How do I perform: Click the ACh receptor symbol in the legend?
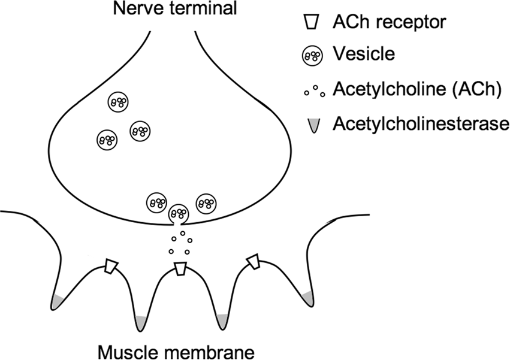coord(311,22)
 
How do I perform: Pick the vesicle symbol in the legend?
coord(311,55)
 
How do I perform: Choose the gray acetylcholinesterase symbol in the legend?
coord(312,125)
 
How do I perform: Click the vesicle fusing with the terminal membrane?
coord(179,213)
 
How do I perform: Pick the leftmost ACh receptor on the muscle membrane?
coord(110,266)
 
